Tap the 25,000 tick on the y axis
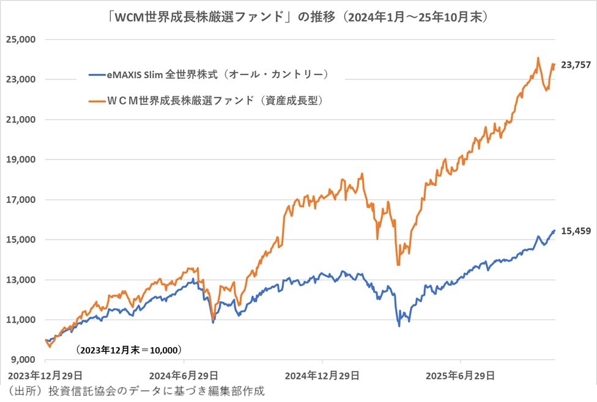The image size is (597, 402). (23, 40)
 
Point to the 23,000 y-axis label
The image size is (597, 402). (23, 79)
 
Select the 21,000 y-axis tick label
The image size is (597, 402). (23, 120)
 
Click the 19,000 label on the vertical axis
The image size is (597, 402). (23, 159)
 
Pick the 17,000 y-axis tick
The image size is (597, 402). (23, 200)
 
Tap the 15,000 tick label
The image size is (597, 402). (23, 239)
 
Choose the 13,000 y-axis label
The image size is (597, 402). (23, 280)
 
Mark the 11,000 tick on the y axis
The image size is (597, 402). (23, 320)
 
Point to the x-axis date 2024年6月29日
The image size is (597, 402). (182, 374)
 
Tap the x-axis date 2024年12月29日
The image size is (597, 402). (322, 374)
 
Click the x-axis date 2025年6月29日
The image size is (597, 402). (461, 374)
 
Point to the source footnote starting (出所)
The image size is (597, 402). (135, 390)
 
